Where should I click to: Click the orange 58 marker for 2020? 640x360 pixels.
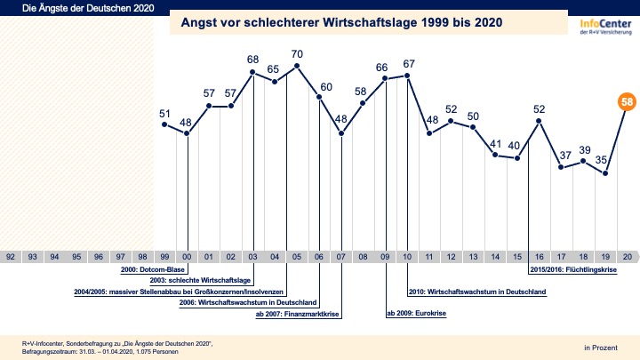[x=628, y=103]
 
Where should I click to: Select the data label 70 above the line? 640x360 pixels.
[x=297, y=54]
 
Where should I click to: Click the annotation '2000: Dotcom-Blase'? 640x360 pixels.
[x=154, y=268]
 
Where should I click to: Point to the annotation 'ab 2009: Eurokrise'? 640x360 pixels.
[x=416, y=314]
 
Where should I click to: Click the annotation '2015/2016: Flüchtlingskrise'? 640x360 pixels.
[x=575, y=268]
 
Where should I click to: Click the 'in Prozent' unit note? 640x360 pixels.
[x=600, y=345]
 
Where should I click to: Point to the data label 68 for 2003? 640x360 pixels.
[x=252, y=60]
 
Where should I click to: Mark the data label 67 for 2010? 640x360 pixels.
[x=408, y=63]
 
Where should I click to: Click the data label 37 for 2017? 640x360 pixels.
[x=563, y=156]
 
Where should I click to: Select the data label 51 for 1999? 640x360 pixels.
[x=164, y=114]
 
